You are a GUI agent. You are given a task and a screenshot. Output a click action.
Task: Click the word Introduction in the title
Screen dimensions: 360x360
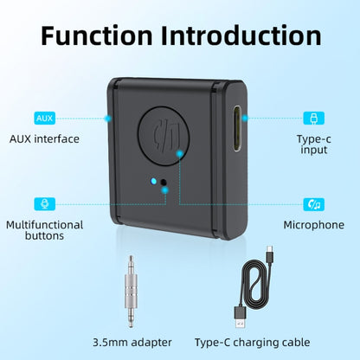pos(244,36)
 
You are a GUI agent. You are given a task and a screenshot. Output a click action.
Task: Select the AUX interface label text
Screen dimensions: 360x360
pos(44,138)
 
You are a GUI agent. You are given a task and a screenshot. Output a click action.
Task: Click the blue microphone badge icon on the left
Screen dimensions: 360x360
pos(44,204)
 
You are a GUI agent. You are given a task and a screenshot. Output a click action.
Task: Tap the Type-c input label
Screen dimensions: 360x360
pos(313,144)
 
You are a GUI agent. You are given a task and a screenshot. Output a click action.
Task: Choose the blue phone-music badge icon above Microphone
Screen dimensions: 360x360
pos(313,204)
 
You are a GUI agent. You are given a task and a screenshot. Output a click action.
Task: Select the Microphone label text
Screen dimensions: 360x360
pos(313,225)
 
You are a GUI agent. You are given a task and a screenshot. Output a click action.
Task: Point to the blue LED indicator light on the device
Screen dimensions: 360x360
pos(154,182)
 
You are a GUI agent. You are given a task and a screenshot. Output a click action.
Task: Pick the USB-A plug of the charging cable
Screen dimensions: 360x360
pos(237,311)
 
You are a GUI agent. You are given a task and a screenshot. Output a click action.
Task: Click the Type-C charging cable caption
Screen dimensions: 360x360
pos(260,342)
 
